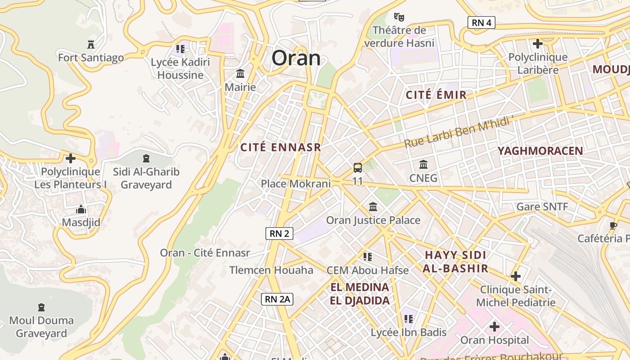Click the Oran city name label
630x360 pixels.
coord(296,58)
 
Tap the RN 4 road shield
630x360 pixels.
coord(481,22)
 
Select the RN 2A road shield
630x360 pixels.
coord(277,299)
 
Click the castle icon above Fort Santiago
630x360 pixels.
coord(91,44)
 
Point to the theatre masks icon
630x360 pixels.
coord(399,17)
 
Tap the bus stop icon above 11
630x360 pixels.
coord(358,168)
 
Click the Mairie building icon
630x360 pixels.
coord(240,73)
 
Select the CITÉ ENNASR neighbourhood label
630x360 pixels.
coord(281,148)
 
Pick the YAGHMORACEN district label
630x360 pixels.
coord(540,151)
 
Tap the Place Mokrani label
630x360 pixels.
coord(296,184)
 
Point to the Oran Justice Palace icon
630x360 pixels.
coord(373,207)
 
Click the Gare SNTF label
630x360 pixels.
coord(542,207)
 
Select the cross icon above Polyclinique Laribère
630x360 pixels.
coord(537,44)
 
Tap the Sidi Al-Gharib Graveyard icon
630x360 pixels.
coord(146,158)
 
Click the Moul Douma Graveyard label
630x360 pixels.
coord(41,327)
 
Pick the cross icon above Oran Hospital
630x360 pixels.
coord(495,326)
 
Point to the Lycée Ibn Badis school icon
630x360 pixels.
coord(408,319)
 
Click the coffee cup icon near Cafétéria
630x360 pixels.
coord(613,225)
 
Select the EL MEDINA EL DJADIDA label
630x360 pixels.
coord(360,294)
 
